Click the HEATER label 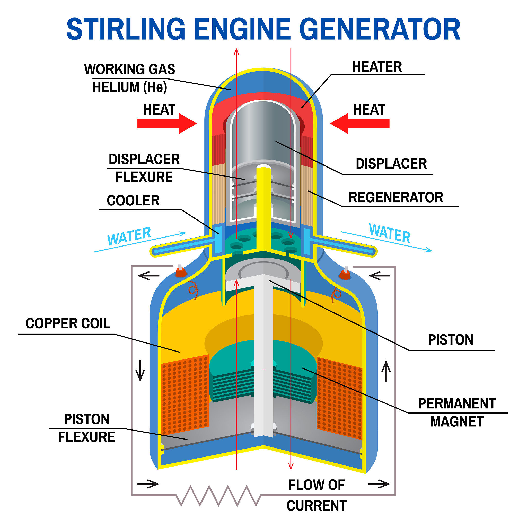coord(377,67)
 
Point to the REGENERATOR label coord(396,197)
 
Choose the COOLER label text coord(133,200)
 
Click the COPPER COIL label coord(68,323)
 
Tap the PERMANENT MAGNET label coord(457,412)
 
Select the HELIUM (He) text coord(130,87)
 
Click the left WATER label coord(129,236)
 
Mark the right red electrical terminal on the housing coord(345,274)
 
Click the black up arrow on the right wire coord(386,371)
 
